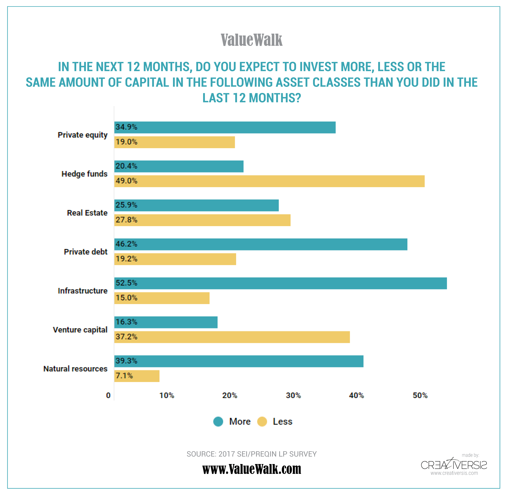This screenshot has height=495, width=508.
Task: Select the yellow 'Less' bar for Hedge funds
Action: tap(269, 181)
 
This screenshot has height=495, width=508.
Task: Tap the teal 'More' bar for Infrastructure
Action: tap(281, 283)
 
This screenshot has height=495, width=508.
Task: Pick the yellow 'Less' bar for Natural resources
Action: tap(137, 376)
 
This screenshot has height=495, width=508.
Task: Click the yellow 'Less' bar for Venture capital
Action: tap(232, 337)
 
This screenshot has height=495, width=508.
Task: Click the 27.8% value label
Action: tap(126, 220)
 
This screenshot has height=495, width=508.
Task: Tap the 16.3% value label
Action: tap(126, 322)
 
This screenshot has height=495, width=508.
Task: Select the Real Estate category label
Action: tap(87, 213)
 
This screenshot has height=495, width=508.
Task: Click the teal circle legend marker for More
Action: tap(218, 422)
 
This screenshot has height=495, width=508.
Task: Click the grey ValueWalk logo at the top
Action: tap(251, 40)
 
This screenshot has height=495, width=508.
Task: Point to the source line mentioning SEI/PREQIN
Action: tap(251, 454)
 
